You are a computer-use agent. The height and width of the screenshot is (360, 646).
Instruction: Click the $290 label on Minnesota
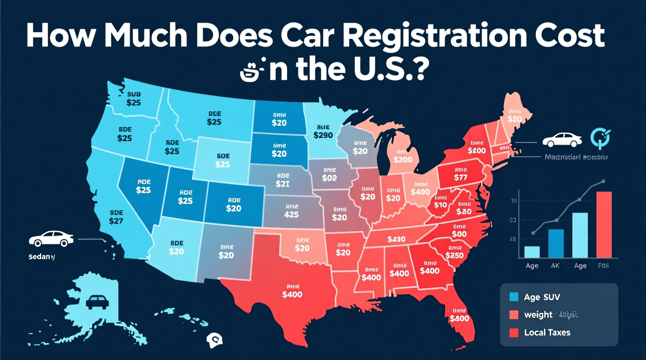[x=323, y=135]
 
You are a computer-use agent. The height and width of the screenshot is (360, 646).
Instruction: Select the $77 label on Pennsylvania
[x=460, y=178]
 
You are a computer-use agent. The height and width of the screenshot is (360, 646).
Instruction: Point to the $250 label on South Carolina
[x=454, y=255]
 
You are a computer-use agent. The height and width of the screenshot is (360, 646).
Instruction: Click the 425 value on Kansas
[x=291, y=215]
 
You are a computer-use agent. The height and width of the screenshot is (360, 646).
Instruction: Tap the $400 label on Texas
[x=292, y=294]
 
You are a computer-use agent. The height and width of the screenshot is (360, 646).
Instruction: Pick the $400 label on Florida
[x=459, y=318]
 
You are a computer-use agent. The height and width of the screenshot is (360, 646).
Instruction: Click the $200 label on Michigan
[x=403, y=159]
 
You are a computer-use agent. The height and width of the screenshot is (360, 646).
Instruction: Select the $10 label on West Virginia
[x=441, y=204]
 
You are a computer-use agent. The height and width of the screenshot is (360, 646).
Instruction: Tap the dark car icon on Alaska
[x=97, y=302]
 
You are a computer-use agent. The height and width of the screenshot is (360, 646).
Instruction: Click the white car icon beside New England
[x=562, y=140]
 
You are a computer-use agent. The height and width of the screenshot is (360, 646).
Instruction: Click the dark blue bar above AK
[x=556, y=243]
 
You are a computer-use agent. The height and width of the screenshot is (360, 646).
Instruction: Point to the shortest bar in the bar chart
[x=531, y=252]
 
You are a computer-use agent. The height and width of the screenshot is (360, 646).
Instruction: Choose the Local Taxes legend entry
[x=547, y=332]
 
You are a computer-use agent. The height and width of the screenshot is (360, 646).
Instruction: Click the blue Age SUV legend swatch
[x=514, y=297]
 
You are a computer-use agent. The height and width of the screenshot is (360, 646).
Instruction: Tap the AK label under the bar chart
[x=555, y=266]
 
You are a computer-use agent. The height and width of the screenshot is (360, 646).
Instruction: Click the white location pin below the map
[x=214, y=340]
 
